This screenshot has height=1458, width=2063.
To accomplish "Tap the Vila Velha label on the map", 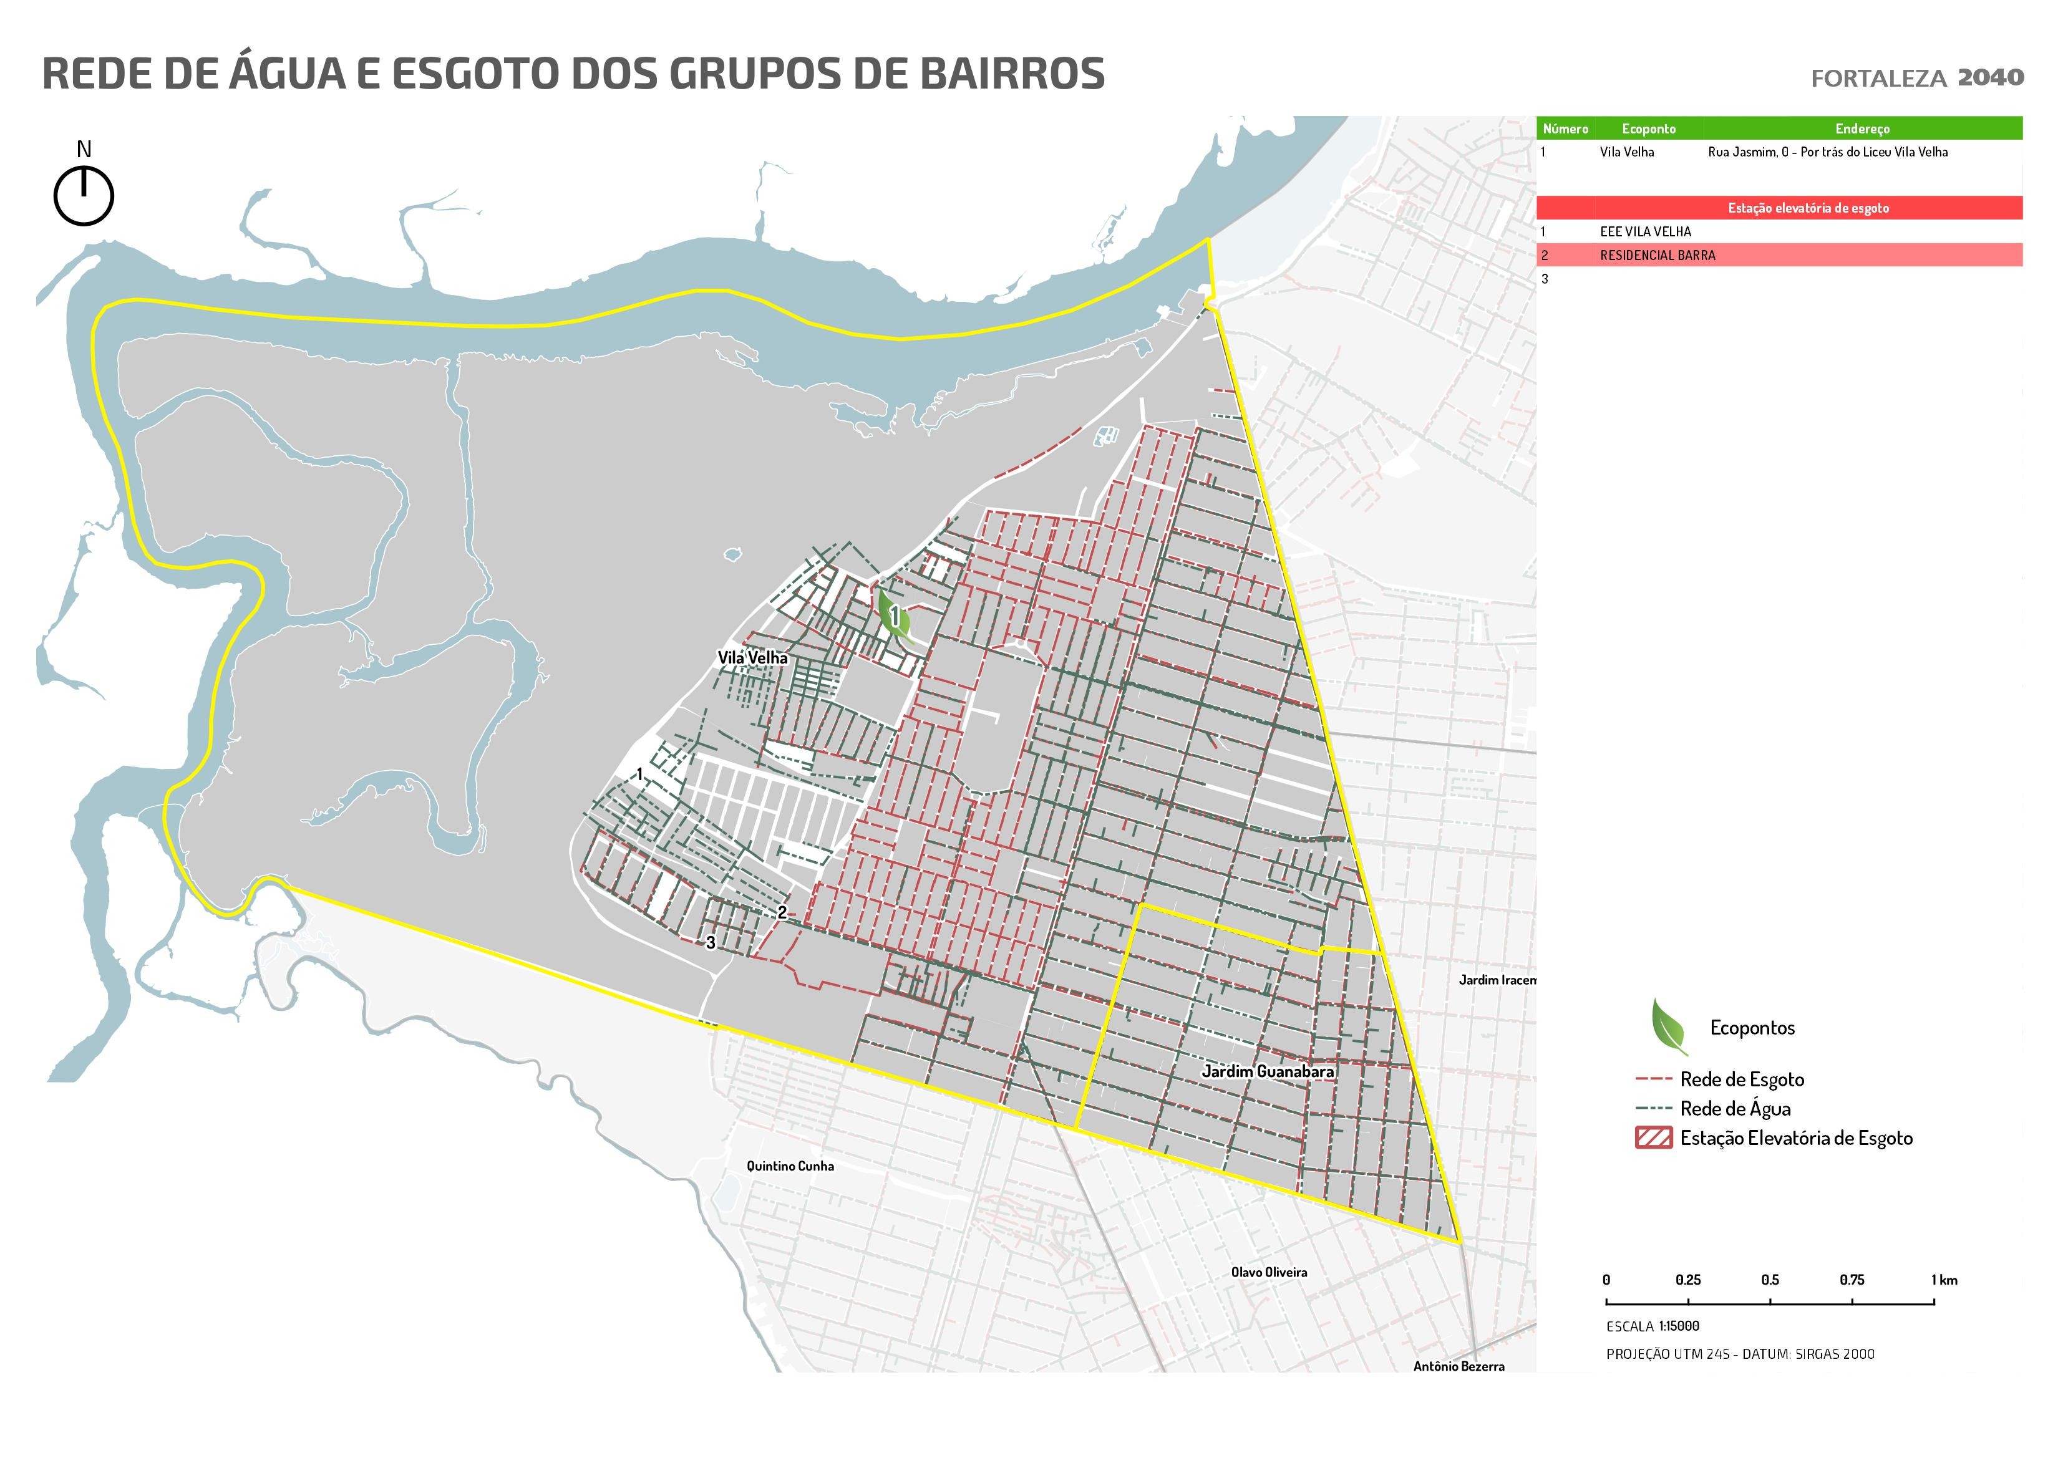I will [x=752, y=657].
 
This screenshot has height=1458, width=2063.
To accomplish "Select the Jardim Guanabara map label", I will [x=1267, y=1071].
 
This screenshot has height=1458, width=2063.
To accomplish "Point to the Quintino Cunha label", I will [x=790, y=1166].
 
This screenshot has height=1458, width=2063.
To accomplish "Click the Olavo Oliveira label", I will [x=1269, y=1272].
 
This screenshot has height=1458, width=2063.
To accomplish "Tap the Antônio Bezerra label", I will [x=1459, y=1366].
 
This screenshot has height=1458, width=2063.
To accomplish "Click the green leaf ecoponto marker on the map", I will [x=894, y=617].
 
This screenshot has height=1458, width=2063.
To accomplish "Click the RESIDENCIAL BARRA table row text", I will [x=1657, y=255].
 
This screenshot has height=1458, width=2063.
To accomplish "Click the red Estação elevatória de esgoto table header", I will [x=1808, y=208].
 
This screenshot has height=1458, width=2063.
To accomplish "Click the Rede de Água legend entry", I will [x=1734, y=1109].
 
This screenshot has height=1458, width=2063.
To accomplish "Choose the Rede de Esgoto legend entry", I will [x=1741, y=1079].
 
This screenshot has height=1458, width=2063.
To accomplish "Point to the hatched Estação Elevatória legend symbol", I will [x=1653, y=1138].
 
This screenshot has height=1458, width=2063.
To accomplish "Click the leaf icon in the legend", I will [x=1669, y=1027].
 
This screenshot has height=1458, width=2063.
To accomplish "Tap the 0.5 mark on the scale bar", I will [x=1769, y=1280].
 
